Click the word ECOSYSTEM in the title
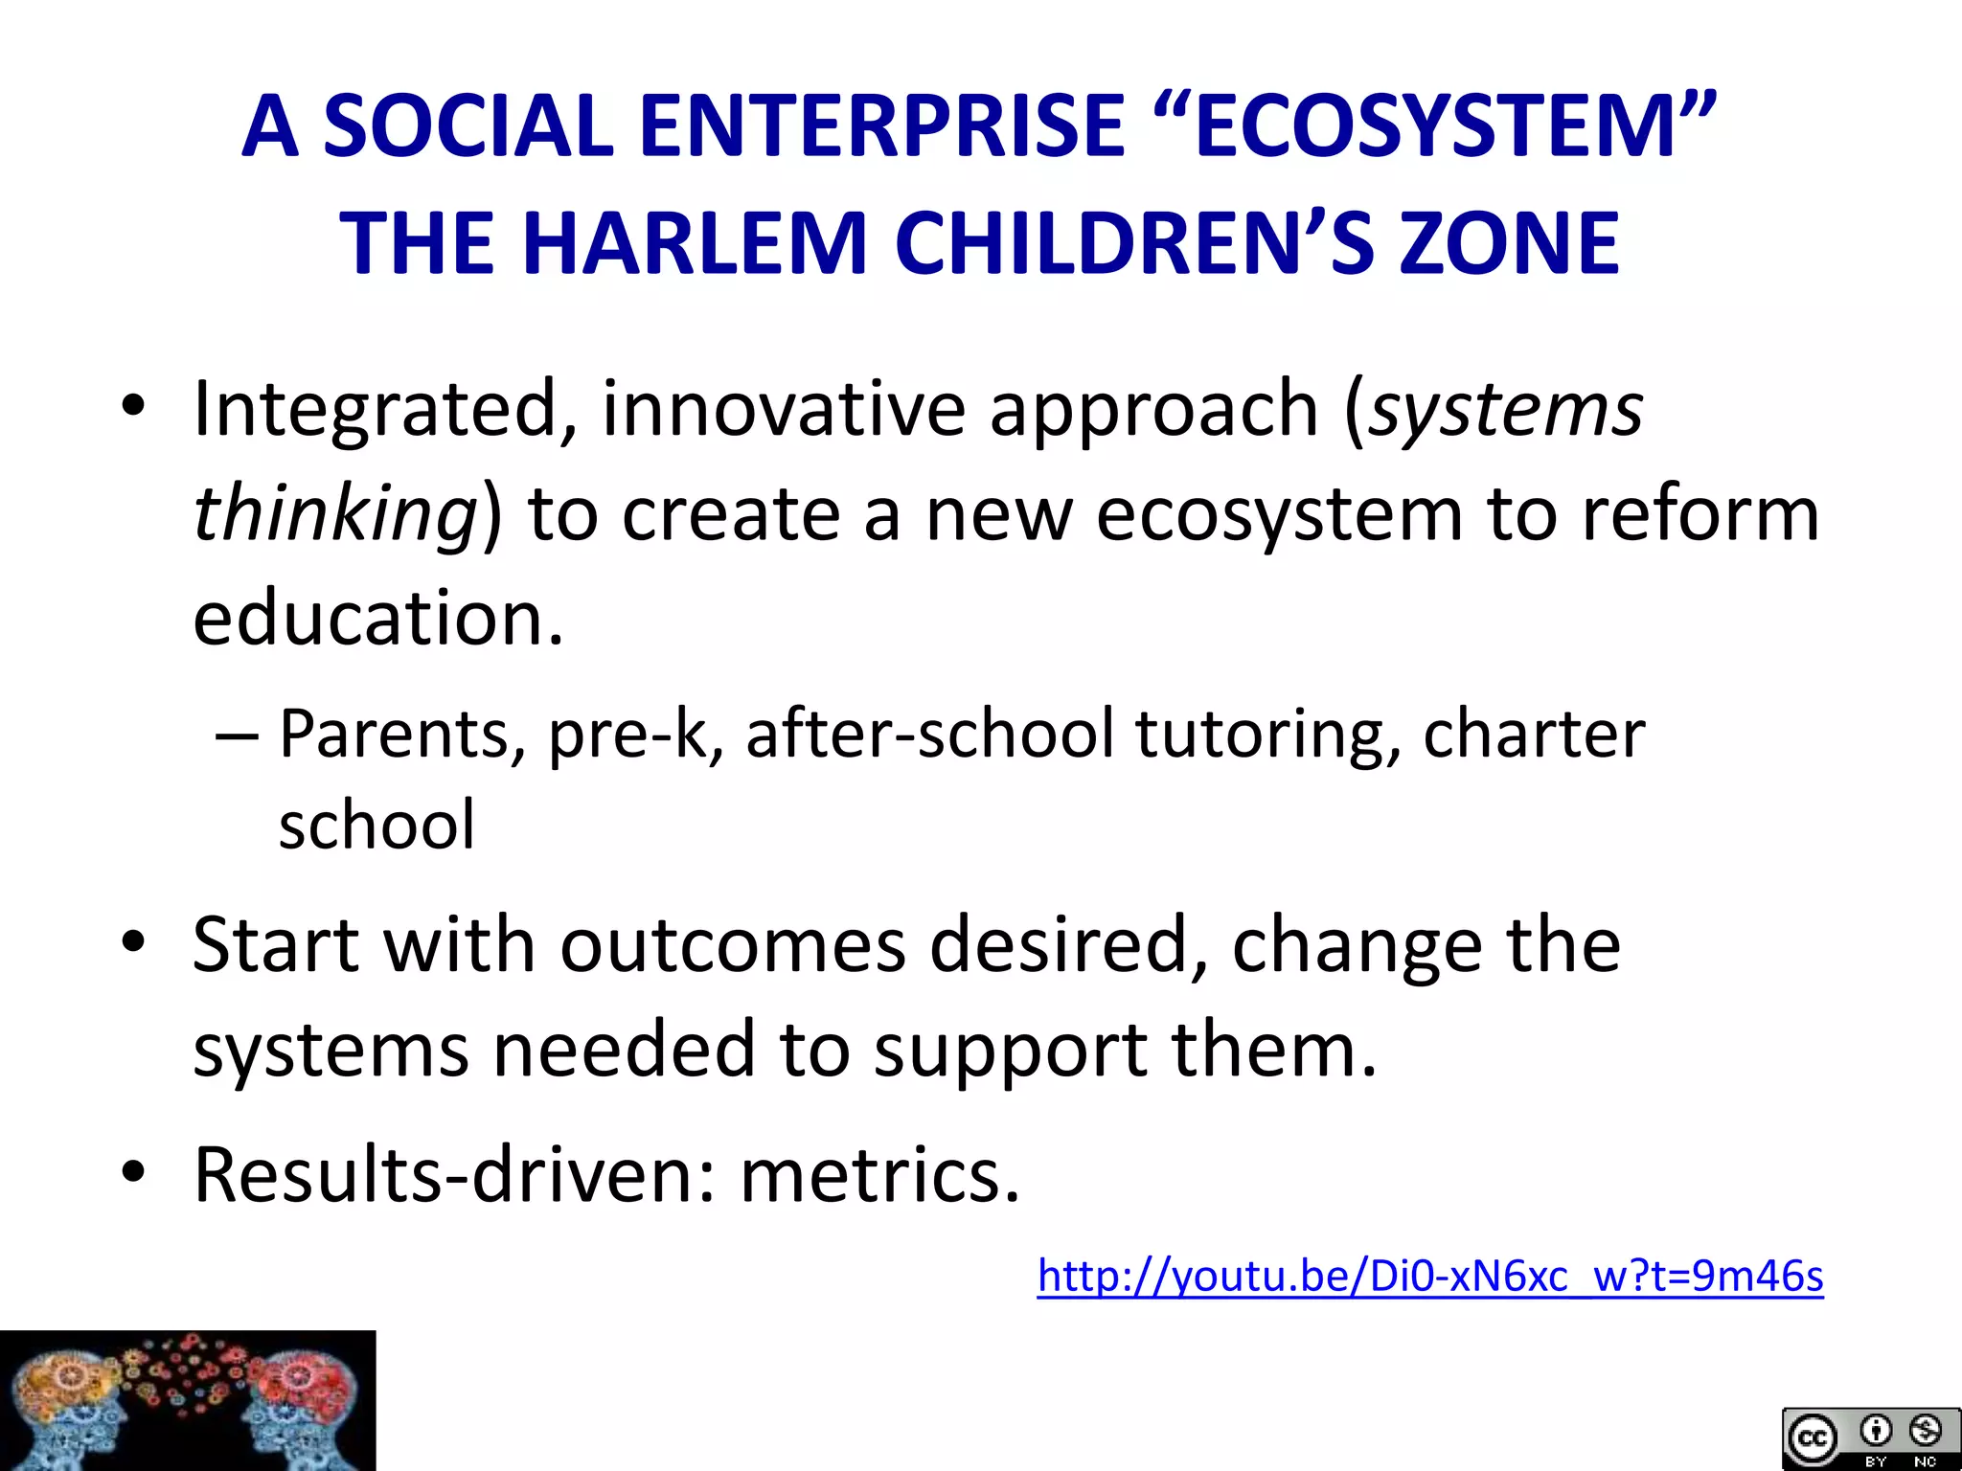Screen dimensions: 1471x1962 [x=1437, y=126]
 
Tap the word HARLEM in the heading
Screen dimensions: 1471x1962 [x=695, y=243]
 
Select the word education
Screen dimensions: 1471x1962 [x=378, y=618]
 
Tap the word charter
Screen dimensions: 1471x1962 [x=1534, y=735]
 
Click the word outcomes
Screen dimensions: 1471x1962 [x=733, y=946]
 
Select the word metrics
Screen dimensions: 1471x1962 [x=879, y=1176]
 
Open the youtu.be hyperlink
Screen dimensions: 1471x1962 [x=1429, y=1277]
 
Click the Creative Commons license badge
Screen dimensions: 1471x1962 [x=1870, y=1438]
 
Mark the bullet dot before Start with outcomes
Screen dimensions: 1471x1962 [x=133, y=941]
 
